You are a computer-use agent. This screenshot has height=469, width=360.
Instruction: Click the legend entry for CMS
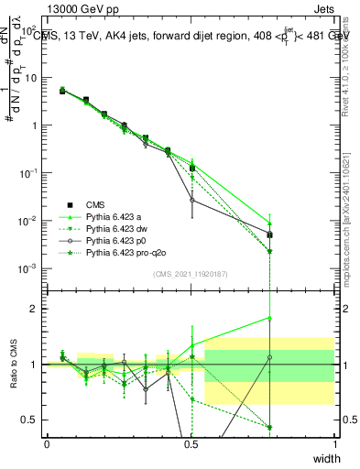tap(96, 204)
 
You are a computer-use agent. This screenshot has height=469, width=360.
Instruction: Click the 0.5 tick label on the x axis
tap(191, 443)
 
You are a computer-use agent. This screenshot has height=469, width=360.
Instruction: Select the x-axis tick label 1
tap(334, 443)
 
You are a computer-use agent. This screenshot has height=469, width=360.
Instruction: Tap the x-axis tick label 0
tap(47, 443)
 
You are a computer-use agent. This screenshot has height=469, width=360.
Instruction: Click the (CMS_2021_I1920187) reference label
tap(191, 275)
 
